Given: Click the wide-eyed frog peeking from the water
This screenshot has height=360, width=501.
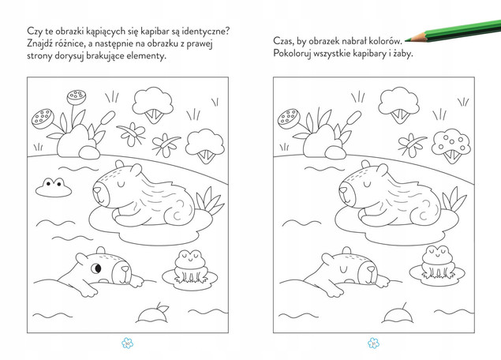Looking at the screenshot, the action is (54, 187).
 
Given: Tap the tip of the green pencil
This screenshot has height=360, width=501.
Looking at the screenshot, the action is (406, 40).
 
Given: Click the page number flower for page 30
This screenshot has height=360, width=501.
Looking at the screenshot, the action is (128, 343).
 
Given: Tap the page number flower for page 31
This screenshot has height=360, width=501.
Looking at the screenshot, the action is (373, 343).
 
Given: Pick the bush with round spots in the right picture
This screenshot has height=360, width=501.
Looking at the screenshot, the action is (451, 145).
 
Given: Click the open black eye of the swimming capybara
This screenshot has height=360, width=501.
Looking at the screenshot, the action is (96, 268).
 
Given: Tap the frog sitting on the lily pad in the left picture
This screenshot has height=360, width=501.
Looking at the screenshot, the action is (191, 267).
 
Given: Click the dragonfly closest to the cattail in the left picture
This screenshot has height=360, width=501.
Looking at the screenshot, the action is (132, 133).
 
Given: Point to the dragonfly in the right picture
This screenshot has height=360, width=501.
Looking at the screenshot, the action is (411, 144).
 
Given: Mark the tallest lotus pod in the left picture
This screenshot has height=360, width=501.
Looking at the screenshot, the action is (77, 97).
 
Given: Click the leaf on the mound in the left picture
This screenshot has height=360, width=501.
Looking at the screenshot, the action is (163, 309).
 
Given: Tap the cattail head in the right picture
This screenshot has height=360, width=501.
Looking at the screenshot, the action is (353, 118).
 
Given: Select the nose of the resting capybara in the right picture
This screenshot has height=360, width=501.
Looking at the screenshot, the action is (342, 190).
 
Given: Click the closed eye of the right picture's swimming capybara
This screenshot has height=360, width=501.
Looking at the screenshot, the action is (343, 268).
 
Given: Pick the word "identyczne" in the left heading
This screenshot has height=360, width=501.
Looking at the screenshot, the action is (207, 32).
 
